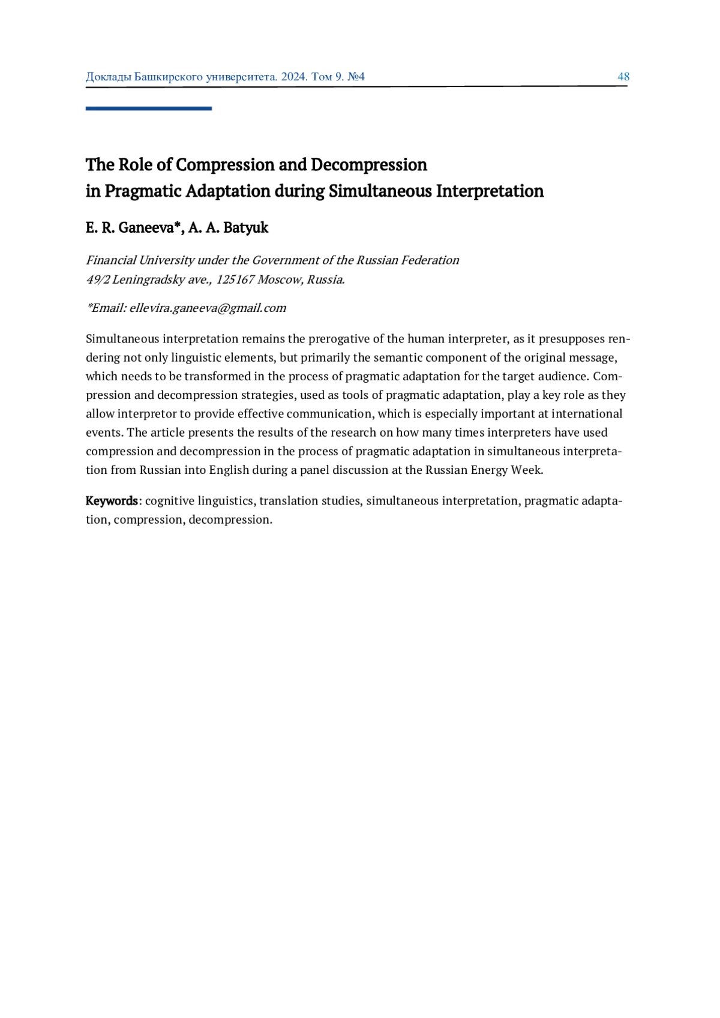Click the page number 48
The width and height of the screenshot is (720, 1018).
(x=623, y=77)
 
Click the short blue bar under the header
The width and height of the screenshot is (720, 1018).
(x=148, y=109)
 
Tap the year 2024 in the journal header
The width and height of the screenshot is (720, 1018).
(x=294, y=77)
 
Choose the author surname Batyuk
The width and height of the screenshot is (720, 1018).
(x=245, y=228)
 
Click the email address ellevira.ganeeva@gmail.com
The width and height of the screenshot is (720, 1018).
(x=208, y=308)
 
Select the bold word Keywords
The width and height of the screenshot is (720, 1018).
(x=112, y=501)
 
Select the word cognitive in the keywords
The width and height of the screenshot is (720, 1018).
(x=170, y=501)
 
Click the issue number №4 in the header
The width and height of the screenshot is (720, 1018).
(x=356, y=77)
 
